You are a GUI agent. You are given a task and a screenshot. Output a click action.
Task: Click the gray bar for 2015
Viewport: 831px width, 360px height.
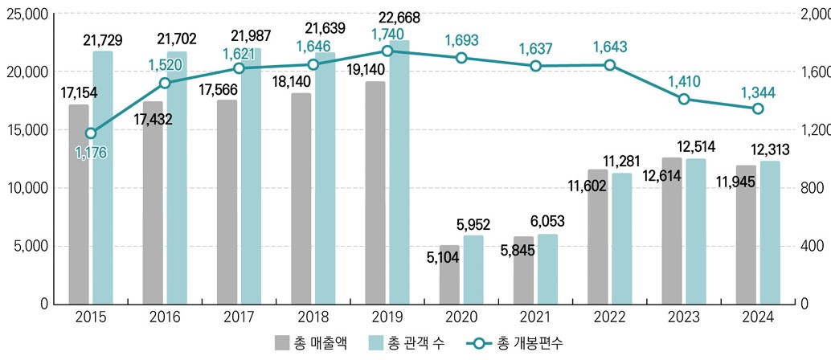(x=79, y=204)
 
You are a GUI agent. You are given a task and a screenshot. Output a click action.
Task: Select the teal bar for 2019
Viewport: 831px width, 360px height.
(x=399, y=172)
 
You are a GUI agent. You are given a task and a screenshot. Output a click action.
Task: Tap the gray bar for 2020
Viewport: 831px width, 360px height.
(x=449, y=274)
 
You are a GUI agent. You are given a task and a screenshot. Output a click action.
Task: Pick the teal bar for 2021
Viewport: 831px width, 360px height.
(x=547, y=268)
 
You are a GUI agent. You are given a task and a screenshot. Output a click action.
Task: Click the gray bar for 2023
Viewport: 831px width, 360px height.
(x=672, y=231)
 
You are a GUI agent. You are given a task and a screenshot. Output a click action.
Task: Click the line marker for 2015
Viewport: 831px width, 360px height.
(x=91, y=133)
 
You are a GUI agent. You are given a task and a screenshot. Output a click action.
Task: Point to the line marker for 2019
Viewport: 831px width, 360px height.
(x=387, y=51)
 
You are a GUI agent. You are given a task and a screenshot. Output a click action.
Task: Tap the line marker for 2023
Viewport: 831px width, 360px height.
(x=684, y=99)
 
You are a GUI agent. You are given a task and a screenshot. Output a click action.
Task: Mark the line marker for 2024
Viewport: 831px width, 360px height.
(x=758, y=108)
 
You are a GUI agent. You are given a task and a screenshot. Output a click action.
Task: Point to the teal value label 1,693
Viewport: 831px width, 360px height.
(x=461, y=39)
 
